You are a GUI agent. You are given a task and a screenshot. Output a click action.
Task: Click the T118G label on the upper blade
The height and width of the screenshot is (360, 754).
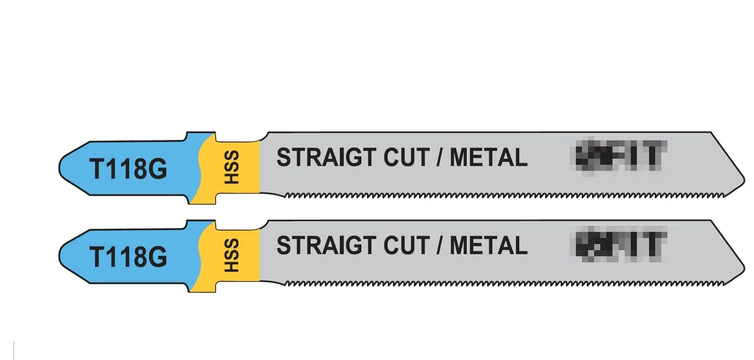(x=128, y=169)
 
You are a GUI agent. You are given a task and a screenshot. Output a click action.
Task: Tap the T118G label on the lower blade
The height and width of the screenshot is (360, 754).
(x=128, y=257)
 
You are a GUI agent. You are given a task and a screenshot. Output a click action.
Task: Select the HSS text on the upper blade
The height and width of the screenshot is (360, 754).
(x=231, y=168)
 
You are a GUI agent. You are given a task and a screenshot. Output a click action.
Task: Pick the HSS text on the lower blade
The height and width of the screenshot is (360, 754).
(x=231, y=256)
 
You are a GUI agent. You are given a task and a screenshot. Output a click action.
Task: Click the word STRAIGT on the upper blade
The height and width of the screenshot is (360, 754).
(x=326, y=157)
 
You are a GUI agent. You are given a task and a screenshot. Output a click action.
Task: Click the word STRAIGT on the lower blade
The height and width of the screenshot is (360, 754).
(x=326, y=245)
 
